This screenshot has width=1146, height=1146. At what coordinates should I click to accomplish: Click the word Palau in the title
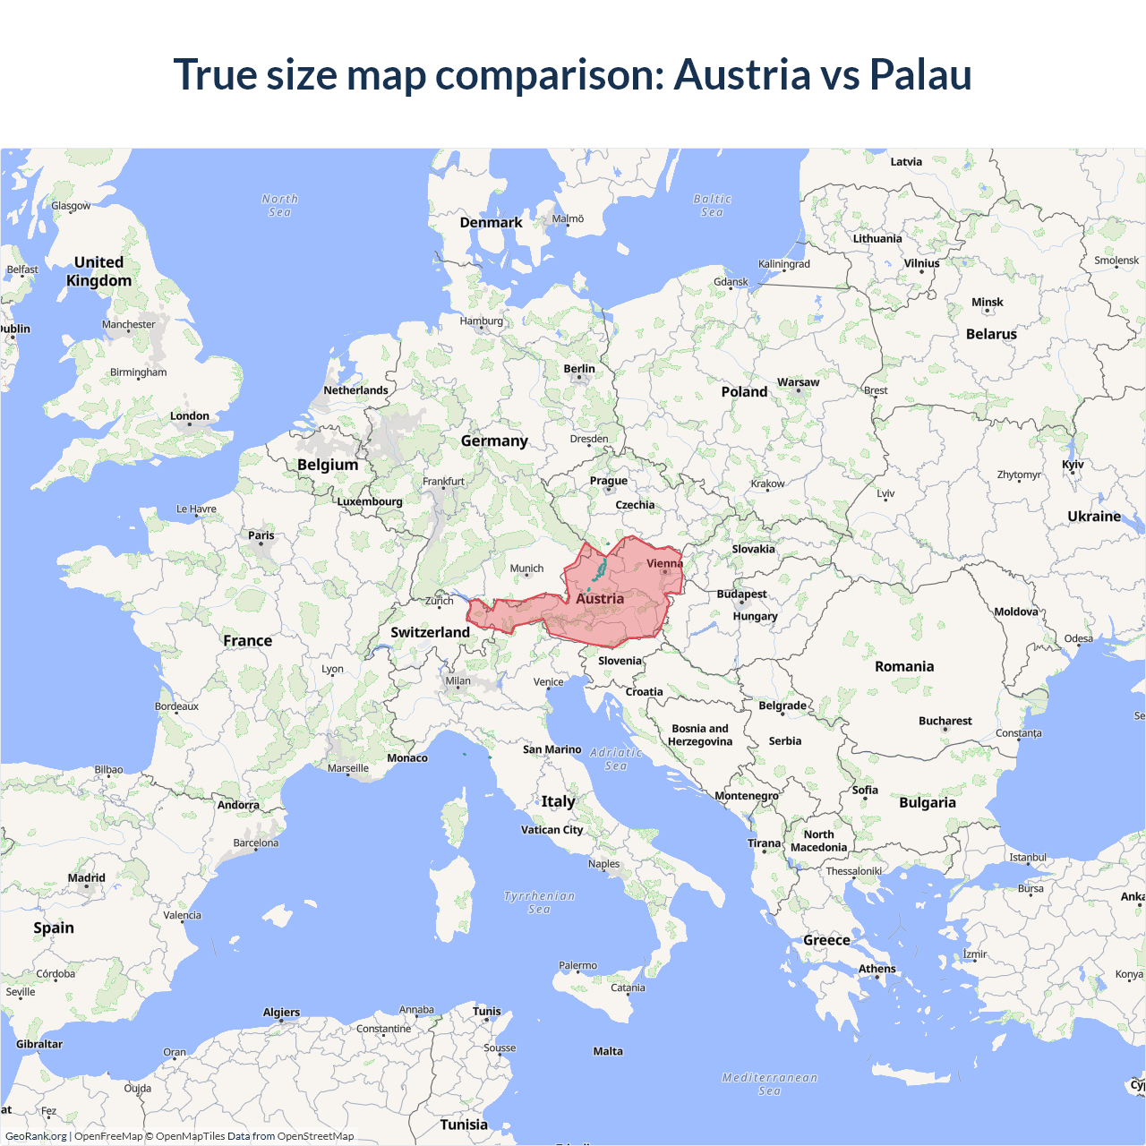920,74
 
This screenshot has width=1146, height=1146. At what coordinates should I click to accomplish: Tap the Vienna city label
664,564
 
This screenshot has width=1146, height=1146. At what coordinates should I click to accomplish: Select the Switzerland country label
430,632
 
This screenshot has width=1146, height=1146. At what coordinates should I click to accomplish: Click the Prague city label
609,481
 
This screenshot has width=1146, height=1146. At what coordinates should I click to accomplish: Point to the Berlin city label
579,369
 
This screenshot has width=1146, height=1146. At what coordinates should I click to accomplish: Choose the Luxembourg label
370,501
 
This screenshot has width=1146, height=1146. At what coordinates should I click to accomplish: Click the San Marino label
552,749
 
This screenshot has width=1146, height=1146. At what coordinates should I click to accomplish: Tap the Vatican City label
552,830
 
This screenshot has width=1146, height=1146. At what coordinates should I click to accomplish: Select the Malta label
608,1051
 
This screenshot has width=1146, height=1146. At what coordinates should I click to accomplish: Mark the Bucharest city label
945,721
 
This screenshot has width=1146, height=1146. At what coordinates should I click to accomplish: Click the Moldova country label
1016,611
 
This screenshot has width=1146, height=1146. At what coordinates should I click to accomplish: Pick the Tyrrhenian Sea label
539,902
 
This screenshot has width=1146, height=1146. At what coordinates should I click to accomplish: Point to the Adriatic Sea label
616,759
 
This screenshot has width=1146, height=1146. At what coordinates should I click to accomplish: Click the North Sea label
279,205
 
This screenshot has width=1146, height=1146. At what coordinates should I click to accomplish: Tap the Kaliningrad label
783,264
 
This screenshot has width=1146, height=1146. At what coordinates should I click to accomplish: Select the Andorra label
238,805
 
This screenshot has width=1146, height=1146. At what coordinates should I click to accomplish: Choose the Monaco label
407,758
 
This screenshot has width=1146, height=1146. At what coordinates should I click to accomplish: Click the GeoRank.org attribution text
36,1136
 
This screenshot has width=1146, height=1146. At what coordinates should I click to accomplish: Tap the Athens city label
877,969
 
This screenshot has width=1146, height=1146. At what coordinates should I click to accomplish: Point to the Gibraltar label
39,1044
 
